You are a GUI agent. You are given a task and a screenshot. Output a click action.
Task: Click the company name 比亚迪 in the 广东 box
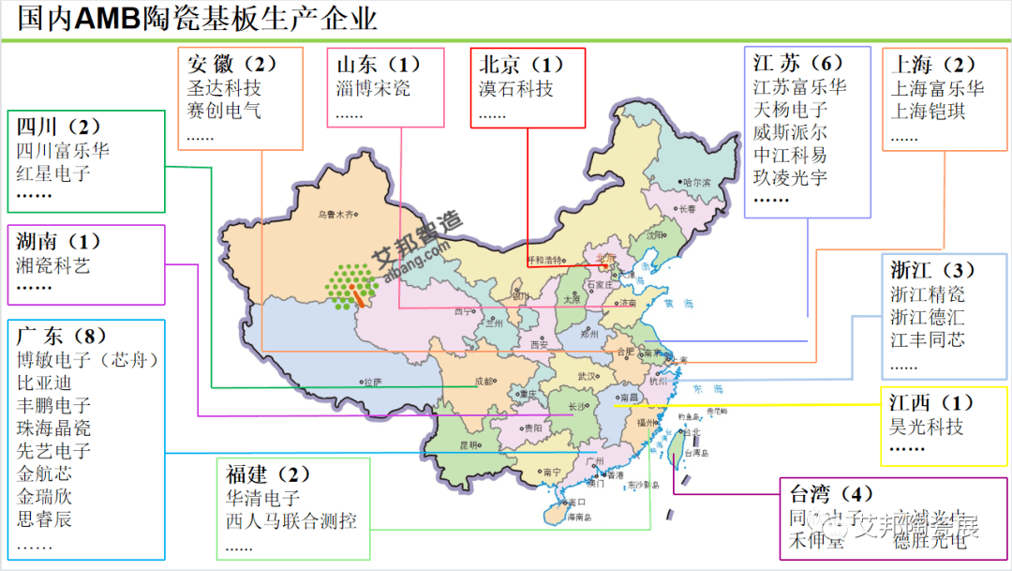click(x=44, y=383)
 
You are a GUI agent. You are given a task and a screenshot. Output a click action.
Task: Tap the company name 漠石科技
click(x=515, y=89)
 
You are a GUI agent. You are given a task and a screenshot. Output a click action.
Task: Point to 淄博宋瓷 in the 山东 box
click(x=373, y=89)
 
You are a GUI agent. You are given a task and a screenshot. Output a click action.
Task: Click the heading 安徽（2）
click(x=232, y=64)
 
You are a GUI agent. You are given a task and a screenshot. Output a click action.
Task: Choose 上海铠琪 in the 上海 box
click(x=928, y=112)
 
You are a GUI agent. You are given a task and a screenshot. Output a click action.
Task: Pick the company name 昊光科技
click(x=927, y=427)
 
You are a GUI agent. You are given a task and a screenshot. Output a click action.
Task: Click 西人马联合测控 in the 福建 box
click(x=290, y=521)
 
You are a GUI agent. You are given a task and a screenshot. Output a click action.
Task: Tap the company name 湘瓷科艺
click(x=53, y=265)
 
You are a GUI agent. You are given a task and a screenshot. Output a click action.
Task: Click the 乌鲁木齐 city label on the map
click(x=337, y=215)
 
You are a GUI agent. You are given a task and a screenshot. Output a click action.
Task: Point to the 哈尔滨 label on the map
click(x=696, y=182)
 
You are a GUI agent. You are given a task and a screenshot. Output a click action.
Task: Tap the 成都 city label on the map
click(x=484, y=381)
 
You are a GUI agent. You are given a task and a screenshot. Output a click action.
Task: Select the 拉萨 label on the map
click(x=372, y=382)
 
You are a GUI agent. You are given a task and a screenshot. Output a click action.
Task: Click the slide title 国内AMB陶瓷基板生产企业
click(x=198, y=19)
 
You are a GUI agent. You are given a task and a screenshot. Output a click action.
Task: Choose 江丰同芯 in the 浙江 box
click(x=927, y=339)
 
